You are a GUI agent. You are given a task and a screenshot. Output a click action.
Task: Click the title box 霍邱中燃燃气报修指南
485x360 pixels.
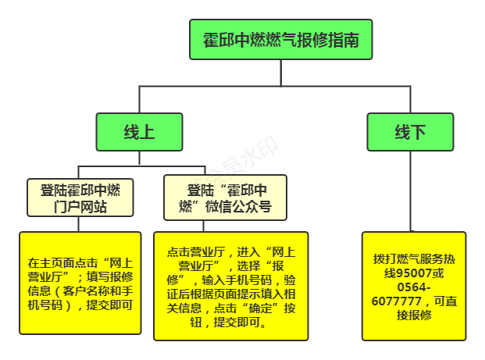tap(280, 40)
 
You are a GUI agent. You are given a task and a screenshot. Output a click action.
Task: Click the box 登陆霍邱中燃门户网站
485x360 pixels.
tap(80, 198)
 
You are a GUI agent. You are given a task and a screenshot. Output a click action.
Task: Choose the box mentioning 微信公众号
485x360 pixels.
tap(225, 198)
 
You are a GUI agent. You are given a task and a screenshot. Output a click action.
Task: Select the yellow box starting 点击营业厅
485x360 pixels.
tap(230, 286)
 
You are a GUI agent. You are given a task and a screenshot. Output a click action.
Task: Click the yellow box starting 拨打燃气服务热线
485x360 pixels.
tap(413, 285)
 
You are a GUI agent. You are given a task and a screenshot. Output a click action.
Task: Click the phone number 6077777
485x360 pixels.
tap(398, 301)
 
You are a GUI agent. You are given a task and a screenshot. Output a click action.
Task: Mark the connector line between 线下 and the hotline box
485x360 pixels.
tap(410, 191)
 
